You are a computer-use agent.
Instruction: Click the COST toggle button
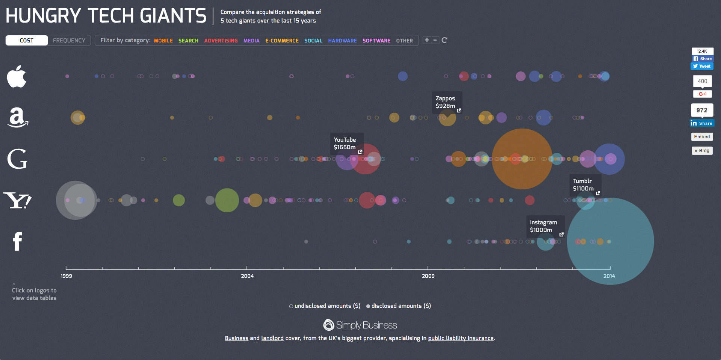click(x=27, y=41)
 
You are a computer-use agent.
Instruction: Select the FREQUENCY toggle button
click(x=69, y=41)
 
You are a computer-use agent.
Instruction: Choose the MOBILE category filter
click(x=163, y=41)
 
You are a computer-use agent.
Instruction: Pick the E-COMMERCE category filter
click(x=282, y=41)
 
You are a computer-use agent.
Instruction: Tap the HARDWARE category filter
click(x=342, y=41)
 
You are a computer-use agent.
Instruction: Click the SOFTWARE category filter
click(x=376, y=41)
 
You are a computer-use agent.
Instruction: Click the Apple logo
click(x=17, y=76)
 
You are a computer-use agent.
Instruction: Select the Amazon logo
click(x=17, y=117)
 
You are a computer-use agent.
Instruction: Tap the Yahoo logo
click(x=17, y=200)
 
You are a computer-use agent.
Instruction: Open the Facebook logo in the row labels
click(x=17, y=241)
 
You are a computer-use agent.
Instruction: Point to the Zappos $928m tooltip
click(x=447, y=102)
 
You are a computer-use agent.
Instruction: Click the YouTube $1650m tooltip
click(x=346, y=144)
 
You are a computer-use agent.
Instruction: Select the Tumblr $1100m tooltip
click(x=585, y=185)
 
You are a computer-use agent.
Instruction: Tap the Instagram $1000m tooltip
click(x=545, y=226)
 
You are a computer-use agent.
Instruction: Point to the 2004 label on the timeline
click(x=247, y=276)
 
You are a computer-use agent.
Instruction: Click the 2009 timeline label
click(x=428, y=276)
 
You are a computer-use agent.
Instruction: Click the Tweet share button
click(x=702, y=66)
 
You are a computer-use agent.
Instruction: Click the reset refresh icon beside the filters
click(x=444, y=40)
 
